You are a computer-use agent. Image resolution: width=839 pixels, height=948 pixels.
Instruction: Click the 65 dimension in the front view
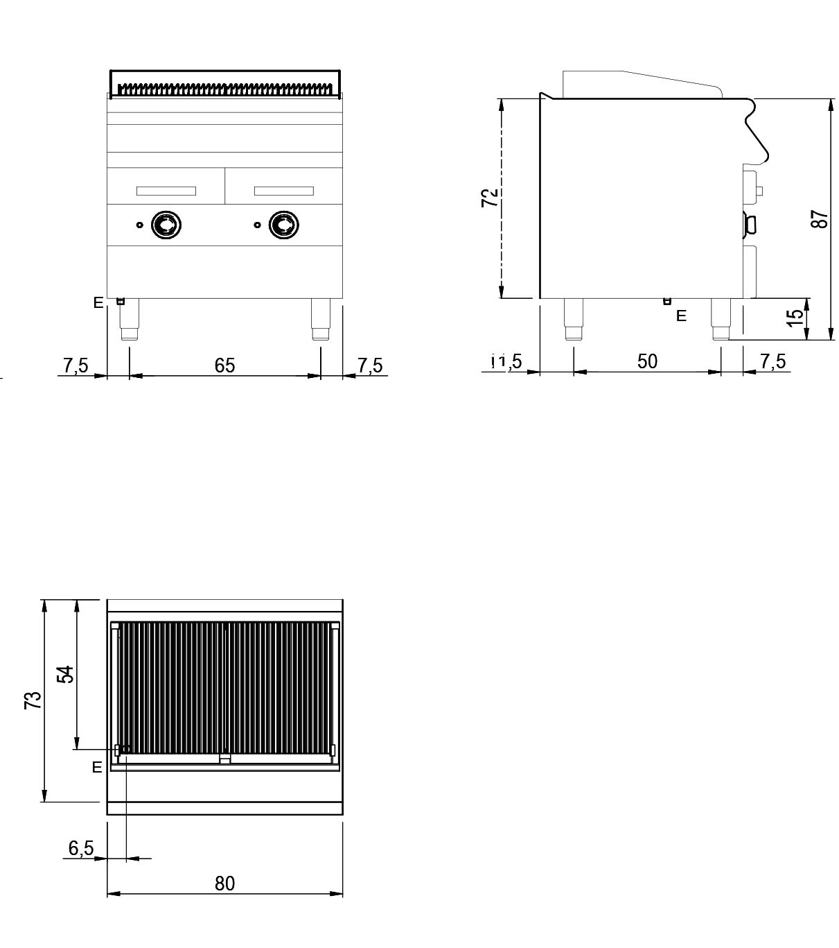(x=224, y=365)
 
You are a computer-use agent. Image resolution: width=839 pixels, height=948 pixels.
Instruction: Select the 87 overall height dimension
(x=820, y=219)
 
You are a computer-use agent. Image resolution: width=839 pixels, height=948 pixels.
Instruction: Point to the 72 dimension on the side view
(x=490, y=198)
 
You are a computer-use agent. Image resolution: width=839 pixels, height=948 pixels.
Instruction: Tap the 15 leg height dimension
(x=796, y=316)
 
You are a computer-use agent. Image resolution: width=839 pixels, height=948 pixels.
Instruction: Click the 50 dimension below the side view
(x=647, y=361)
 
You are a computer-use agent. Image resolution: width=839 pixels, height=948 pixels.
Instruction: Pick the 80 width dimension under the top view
(x=224, y=884)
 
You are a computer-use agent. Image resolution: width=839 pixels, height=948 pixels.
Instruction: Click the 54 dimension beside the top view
(x=65, y=674)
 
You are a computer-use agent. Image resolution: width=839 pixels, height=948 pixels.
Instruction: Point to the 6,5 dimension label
(x=81, y=848)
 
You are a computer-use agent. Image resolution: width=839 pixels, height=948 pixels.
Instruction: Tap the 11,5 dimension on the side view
(x=506, y=361)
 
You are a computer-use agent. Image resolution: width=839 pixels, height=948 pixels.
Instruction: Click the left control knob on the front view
(x=166, y=225)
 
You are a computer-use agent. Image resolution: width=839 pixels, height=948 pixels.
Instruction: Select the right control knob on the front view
(x=284, y=225)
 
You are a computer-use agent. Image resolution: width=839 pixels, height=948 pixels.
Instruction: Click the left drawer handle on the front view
(x=166, y=191)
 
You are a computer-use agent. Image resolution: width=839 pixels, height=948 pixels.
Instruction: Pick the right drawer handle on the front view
(x=284, y=191)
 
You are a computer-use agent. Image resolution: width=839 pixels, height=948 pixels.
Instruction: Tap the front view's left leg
(x=130, y=320)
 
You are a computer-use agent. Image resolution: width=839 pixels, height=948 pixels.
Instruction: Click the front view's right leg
(x=321, y=320)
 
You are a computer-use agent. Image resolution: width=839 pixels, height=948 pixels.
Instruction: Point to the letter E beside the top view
(x=97, y=767)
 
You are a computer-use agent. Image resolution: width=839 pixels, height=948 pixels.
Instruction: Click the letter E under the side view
(x=681, y=316)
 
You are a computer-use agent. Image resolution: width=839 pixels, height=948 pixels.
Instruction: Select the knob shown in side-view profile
(x=749, y=224)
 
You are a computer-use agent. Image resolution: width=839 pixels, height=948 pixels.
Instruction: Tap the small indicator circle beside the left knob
(x=139, y=225)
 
